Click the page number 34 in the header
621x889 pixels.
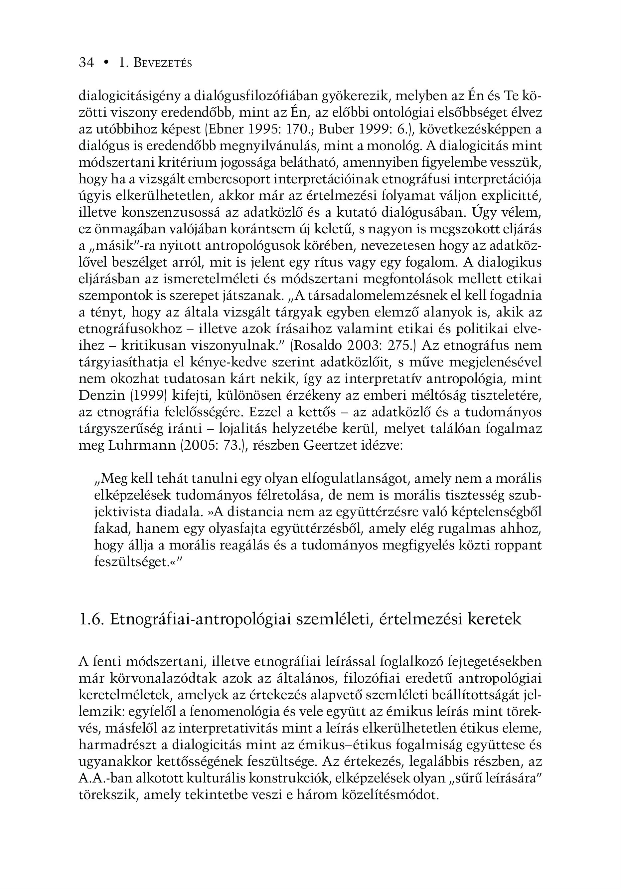point(86,63)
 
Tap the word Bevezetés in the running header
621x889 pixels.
point(163,63)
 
